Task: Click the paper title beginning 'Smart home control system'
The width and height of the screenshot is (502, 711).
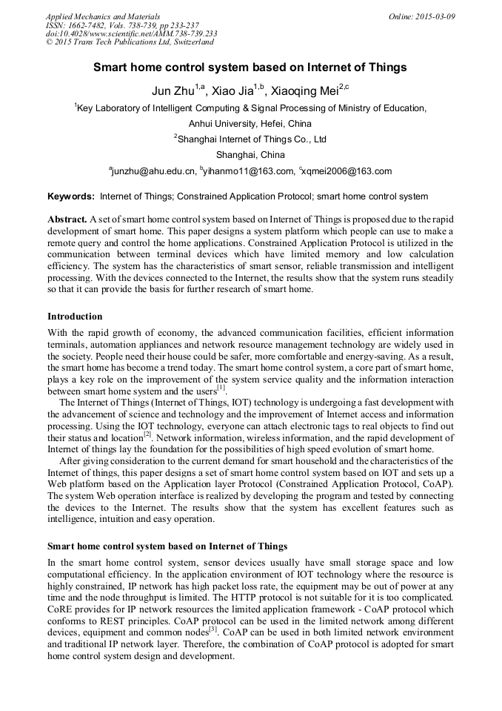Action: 250,67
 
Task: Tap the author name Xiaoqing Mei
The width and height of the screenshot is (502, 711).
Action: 304,91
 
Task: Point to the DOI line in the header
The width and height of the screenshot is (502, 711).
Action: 131,34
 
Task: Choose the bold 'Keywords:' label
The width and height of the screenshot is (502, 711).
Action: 71,196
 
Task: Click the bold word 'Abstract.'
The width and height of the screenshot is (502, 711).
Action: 67,220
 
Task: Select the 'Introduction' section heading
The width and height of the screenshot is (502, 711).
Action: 75,317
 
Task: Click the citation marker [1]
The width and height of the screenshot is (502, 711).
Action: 221,387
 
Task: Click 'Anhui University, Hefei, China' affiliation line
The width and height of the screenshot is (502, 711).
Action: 250,123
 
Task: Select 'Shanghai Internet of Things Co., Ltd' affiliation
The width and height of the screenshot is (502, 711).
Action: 250,139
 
